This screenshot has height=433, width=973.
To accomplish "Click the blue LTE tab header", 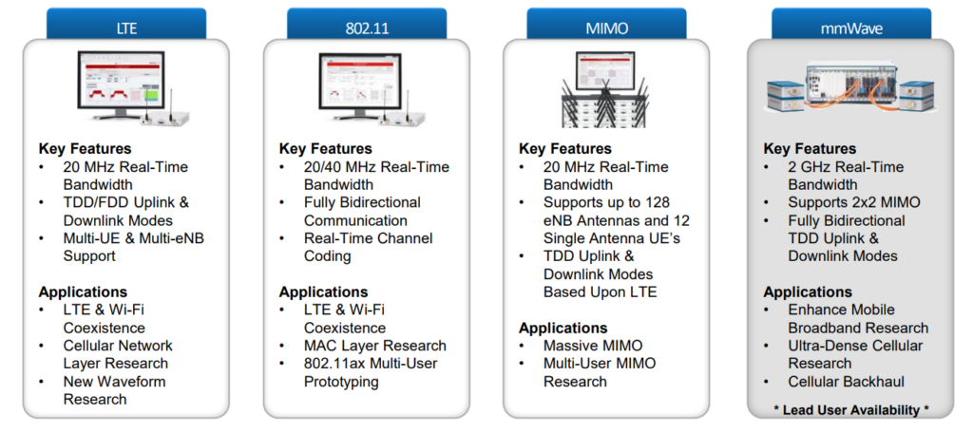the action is [x=126, y=24].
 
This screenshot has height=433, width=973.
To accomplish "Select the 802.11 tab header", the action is [x=366, y=24].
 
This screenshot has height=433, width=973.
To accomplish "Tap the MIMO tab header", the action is [x=606, y=24].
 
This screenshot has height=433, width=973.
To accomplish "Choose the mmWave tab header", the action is [x=850, y=24].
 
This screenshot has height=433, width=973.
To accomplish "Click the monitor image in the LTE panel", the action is [x=121, y=86].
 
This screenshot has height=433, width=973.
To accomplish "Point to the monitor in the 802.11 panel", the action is [x=361, y=86].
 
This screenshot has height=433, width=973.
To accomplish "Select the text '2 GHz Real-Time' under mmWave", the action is [x=846, y=167].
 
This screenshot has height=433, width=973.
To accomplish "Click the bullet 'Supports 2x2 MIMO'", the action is [x=854, y=203].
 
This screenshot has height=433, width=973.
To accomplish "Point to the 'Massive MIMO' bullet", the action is [x=593, y=346].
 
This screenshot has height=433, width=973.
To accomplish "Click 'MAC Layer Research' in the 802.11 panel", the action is [x=374, y=346].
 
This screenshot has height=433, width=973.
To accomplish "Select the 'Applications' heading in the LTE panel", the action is [x=83, y=292].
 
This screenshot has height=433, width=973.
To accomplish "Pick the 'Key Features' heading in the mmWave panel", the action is [x=810, y=149].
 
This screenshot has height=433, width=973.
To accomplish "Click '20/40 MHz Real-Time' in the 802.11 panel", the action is [x=376, y=167].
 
